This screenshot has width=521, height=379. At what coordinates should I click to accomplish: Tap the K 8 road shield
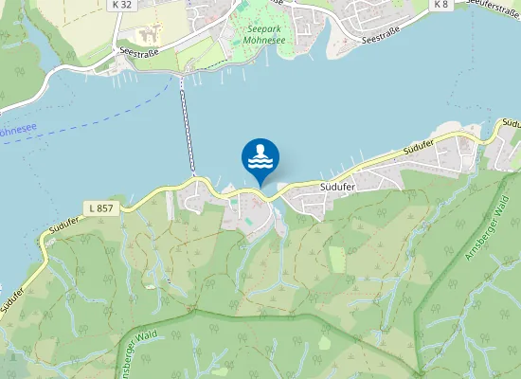point(440,5)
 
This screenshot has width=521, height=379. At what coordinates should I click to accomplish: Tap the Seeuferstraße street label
point(494,7)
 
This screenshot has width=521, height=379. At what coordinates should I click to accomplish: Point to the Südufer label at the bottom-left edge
point(11,296)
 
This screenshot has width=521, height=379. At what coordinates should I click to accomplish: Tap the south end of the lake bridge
point(194,175)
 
